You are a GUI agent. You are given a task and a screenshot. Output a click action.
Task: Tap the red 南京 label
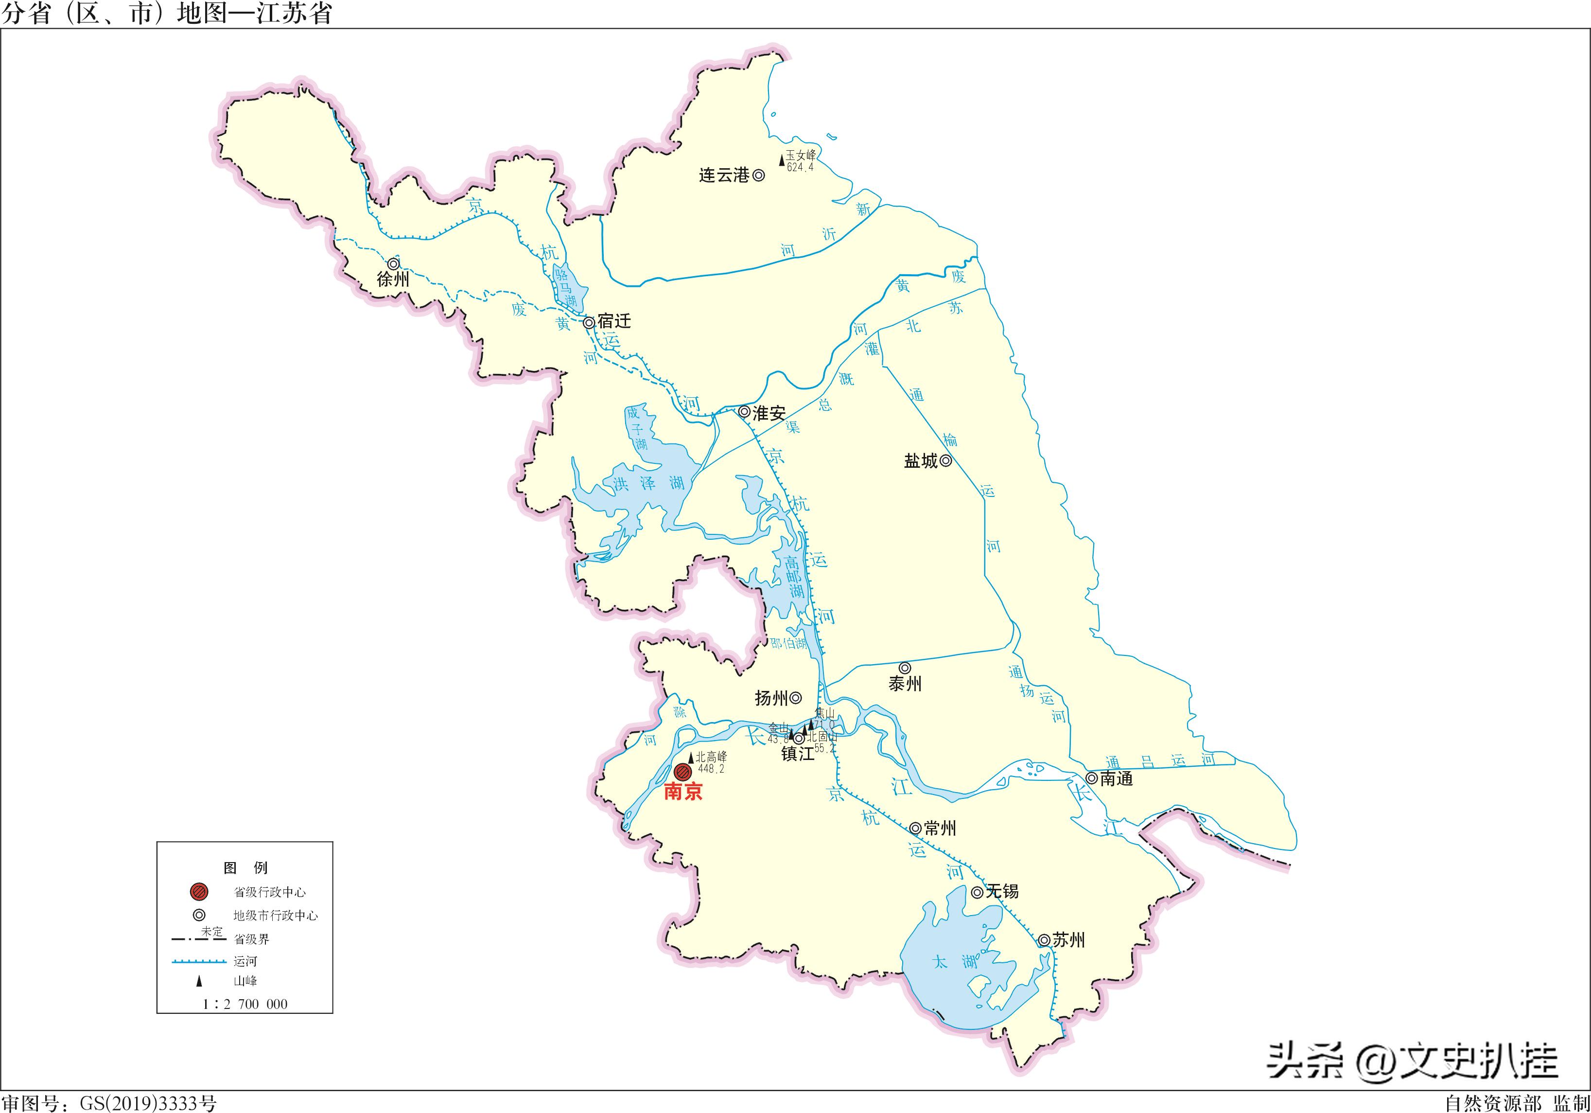coord(683,792)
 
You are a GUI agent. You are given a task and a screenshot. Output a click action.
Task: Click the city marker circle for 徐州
coord(393,264)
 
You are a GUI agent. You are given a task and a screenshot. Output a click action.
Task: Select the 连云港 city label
coord(724,176)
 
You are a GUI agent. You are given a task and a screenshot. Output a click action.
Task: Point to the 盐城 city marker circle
coord(946,460)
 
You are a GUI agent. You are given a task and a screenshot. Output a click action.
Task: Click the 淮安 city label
coord(769,413)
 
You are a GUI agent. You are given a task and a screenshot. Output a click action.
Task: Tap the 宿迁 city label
coord(614,321)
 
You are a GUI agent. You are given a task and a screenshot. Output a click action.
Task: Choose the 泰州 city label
coord(905,684)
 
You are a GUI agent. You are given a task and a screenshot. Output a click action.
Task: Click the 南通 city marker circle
coord(1091,778)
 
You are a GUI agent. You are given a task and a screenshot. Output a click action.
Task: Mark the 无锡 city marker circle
coord(977,892)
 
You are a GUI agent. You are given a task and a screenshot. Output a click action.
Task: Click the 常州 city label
coord(940,828)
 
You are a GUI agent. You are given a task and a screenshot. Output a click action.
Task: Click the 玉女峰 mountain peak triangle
coord(782,160)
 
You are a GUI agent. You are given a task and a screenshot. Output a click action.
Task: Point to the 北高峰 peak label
coord(711,757)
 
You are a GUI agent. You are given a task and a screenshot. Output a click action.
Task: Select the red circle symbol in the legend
coord(199,892)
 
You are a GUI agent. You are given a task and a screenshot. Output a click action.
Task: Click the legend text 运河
coord(245,961)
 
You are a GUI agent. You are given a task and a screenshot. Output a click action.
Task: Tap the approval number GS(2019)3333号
coord(148,1103)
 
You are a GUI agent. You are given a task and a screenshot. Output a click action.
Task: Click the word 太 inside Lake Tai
coord(940,962)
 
